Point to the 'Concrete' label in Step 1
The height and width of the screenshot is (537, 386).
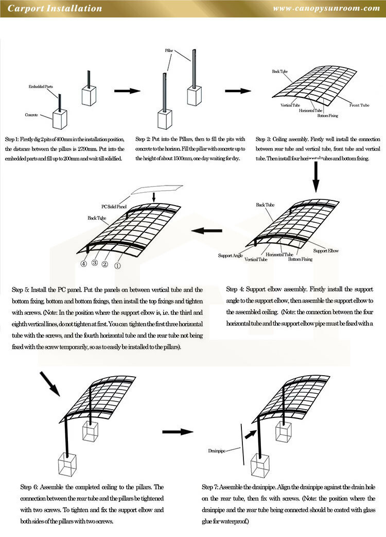[x=32, y=115]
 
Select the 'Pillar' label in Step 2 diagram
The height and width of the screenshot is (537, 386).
[x=169, y=52]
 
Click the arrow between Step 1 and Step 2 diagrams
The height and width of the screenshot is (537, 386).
[x=127, y=91]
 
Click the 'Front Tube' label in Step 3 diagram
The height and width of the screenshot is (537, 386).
[x=359, y=105]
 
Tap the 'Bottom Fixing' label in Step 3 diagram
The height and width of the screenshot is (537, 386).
[x=327, y=115]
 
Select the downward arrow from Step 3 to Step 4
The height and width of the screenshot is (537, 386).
[x=317, y=180]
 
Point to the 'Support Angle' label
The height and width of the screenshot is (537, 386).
[x=230, y=255]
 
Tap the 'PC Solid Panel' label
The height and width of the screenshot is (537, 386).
[x=114, y=207]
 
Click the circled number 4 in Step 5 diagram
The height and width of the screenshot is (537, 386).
[x=83, y=263]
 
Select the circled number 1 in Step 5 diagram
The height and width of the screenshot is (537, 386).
[x=117, y=266]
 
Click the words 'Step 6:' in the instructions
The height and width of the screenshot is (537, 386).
[x=29, y=486]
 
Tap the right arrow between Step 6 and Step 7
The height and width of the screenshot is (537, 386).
[x=178, y=431]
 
